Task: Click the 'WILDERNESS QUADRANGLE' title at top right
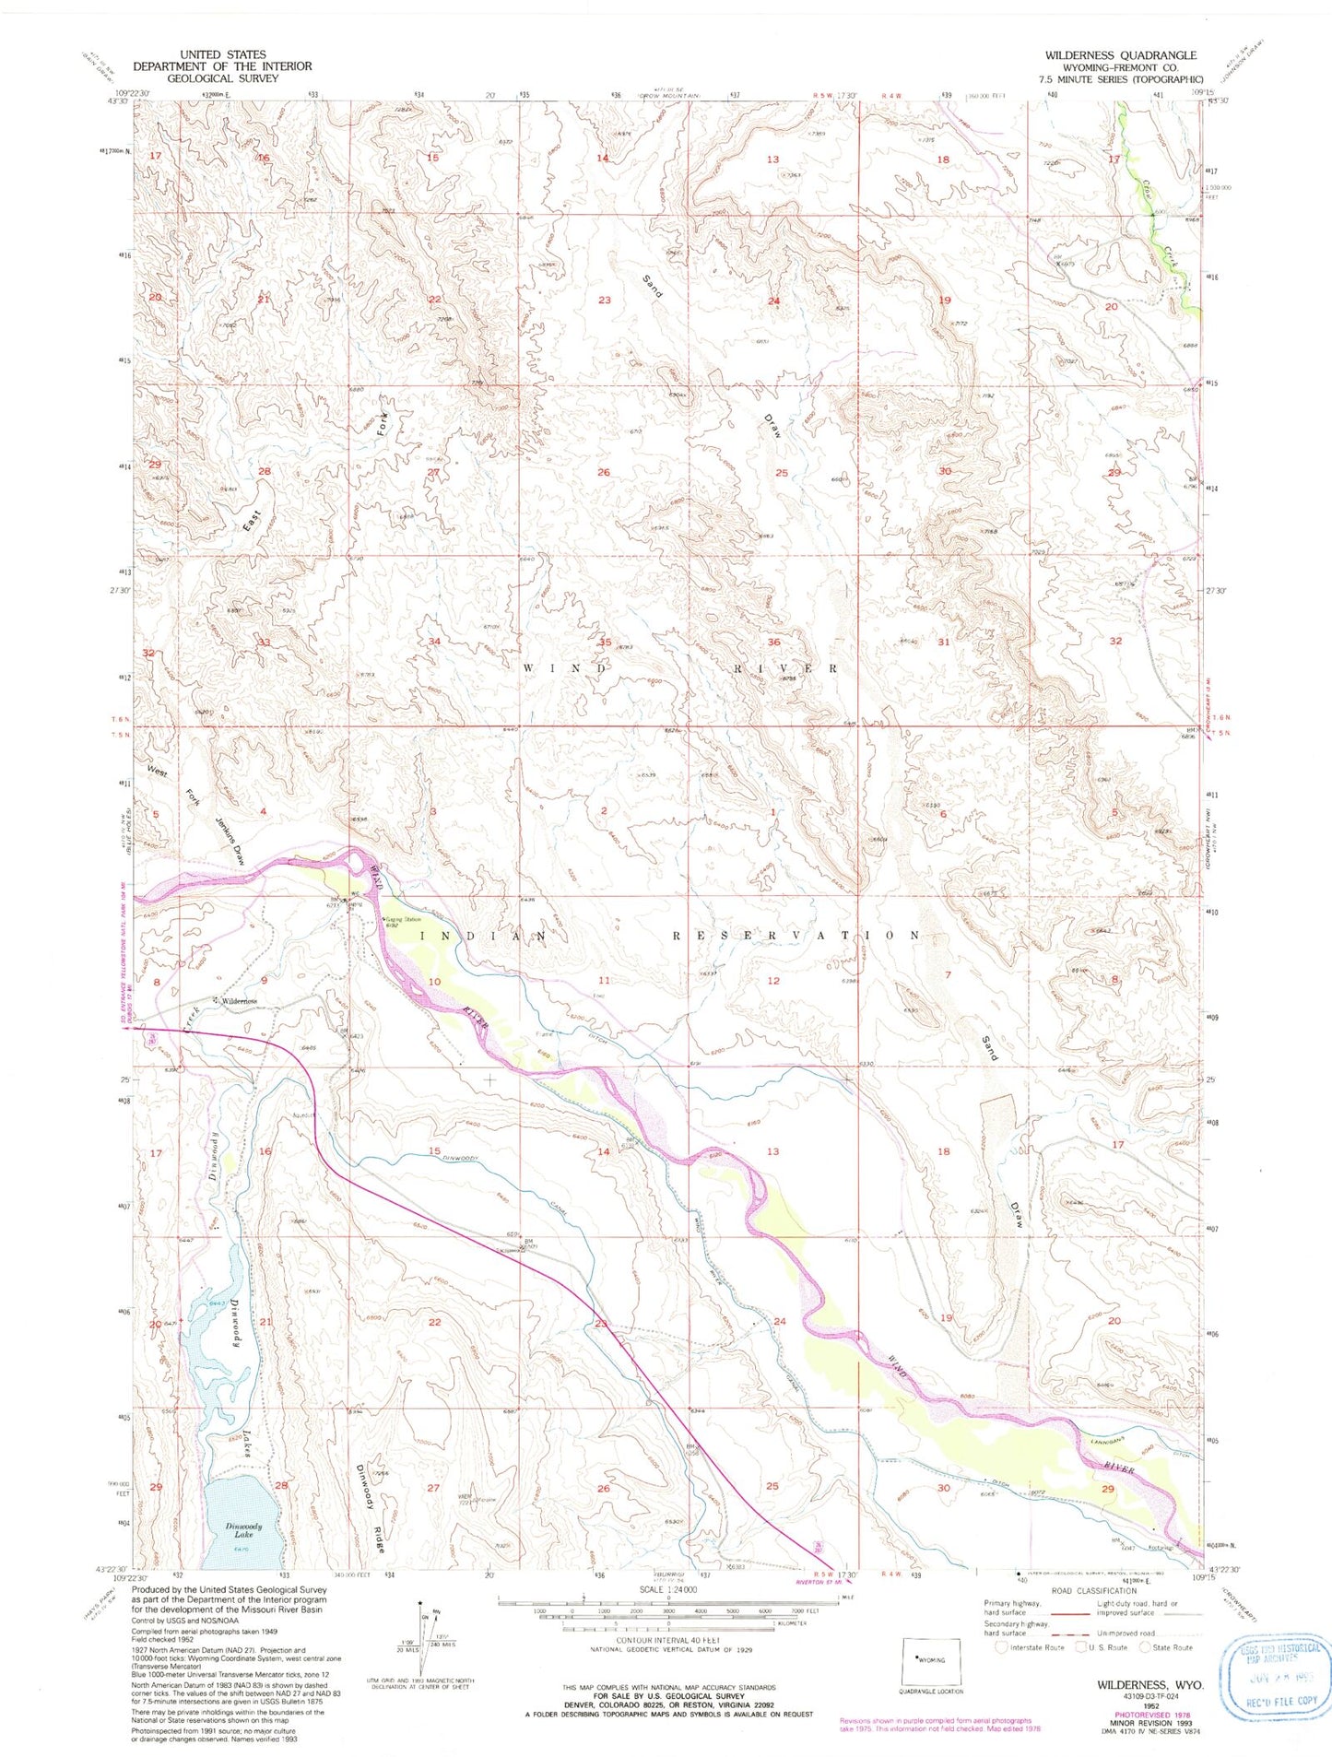pos(1120,55)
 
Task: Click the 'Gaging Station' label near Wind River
pos(403,919)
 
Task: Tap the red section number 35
pos(605,643)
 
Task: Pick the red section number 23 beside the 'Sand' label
pos(605,301)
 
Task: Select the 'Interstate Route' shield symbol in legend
pos(1001,1647)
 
